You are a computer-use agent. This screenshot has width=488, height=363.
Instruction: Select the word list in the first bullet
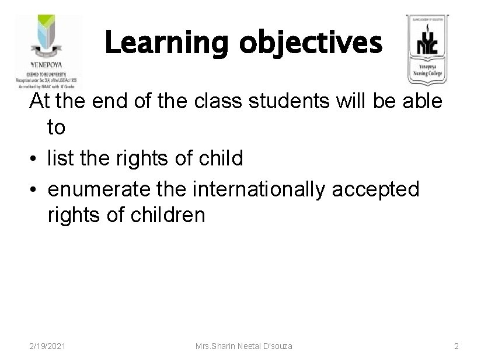point(61,158)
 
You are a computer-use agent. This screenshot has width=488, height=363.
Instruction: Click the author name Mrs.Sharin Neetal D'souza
point(243,347)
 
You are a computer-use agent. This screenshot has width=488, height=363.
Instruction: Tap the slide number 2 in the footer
point(456,347)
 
